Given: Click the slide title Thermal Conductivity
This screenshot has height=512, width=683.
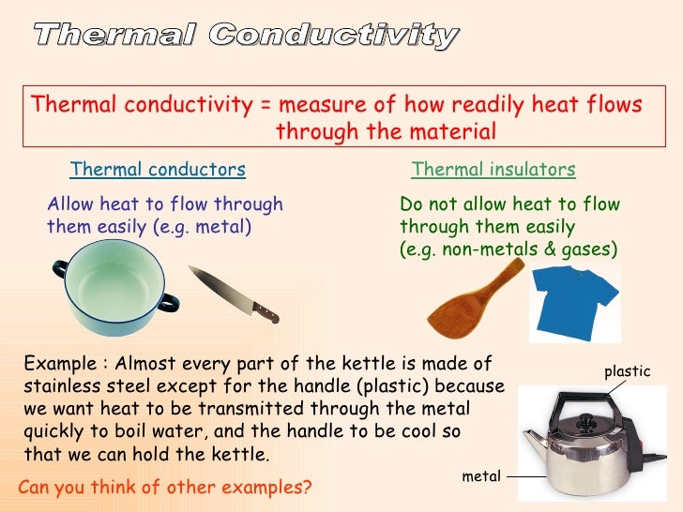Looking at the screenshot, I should pyautogui.click(x=247, y=36).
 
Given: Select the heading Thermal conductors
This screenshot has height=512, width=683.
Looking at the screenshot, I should pyautogui.click(x=158, y=170).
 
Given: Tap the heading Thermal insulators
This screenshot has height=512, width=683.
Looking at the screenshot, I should pyautogui.click(x=493, y=170).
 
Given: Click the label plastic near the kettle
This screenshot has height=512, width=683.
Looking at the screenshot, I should pyautogui.click(x=627, y=371).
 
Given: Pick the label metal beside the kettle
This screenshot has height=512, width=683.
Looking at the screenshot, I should pyautogui.click(x=481, y=476).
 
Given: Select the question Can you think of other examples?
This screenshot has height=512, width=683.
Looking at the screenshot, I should pyautogui.click(x=165, y=488).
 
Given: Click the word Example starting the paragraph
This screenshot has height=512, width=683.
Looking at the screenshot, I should pyautogui.click(x=58, y=364).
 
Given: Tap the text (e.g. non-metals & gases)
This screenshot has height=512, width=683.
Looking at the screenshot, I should pyautogui.click(x=508, y=249).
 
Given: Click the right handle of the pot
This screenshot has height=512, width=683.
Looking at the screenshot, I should pyautogui.click(x=169, y=301).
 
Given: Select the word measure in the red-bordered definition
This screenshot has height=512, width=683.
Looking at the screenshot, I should pyautogui.click(x=319, y=104).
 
